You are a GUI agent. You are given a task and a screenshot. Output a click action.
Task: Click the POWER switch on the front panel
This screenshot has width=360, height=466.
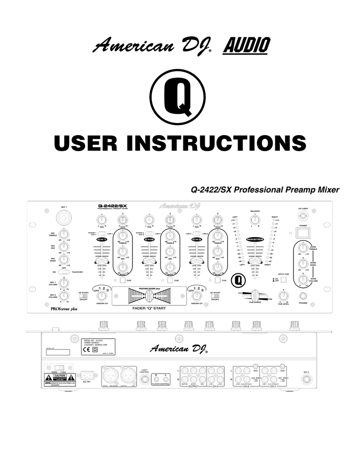click(x=303, y=233)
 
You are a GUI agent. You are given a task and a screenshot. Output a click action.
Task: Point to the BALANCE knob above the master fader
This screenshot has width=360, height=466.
click(x=255, y=221)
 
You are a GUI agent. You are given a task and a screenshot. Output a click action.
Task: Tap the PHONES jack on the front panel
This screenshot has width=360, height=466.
click(x=303, y=296)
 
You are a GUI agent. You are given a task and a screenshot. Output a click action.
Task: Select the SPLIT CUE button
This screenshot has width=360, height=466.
click(x=284, y=280)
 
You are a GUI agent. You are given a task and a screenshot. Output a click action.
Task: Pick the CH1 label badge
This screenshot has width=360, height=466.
click(x=102, y=239)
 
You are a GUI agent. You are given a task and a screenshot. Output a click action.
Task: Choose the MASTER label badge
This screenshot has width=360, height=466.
click(x=255, y=239)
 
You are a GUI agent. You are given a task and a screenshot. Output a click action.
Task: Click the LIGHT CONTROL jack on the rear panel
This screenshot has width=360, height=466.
click(x=145, y=379)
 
